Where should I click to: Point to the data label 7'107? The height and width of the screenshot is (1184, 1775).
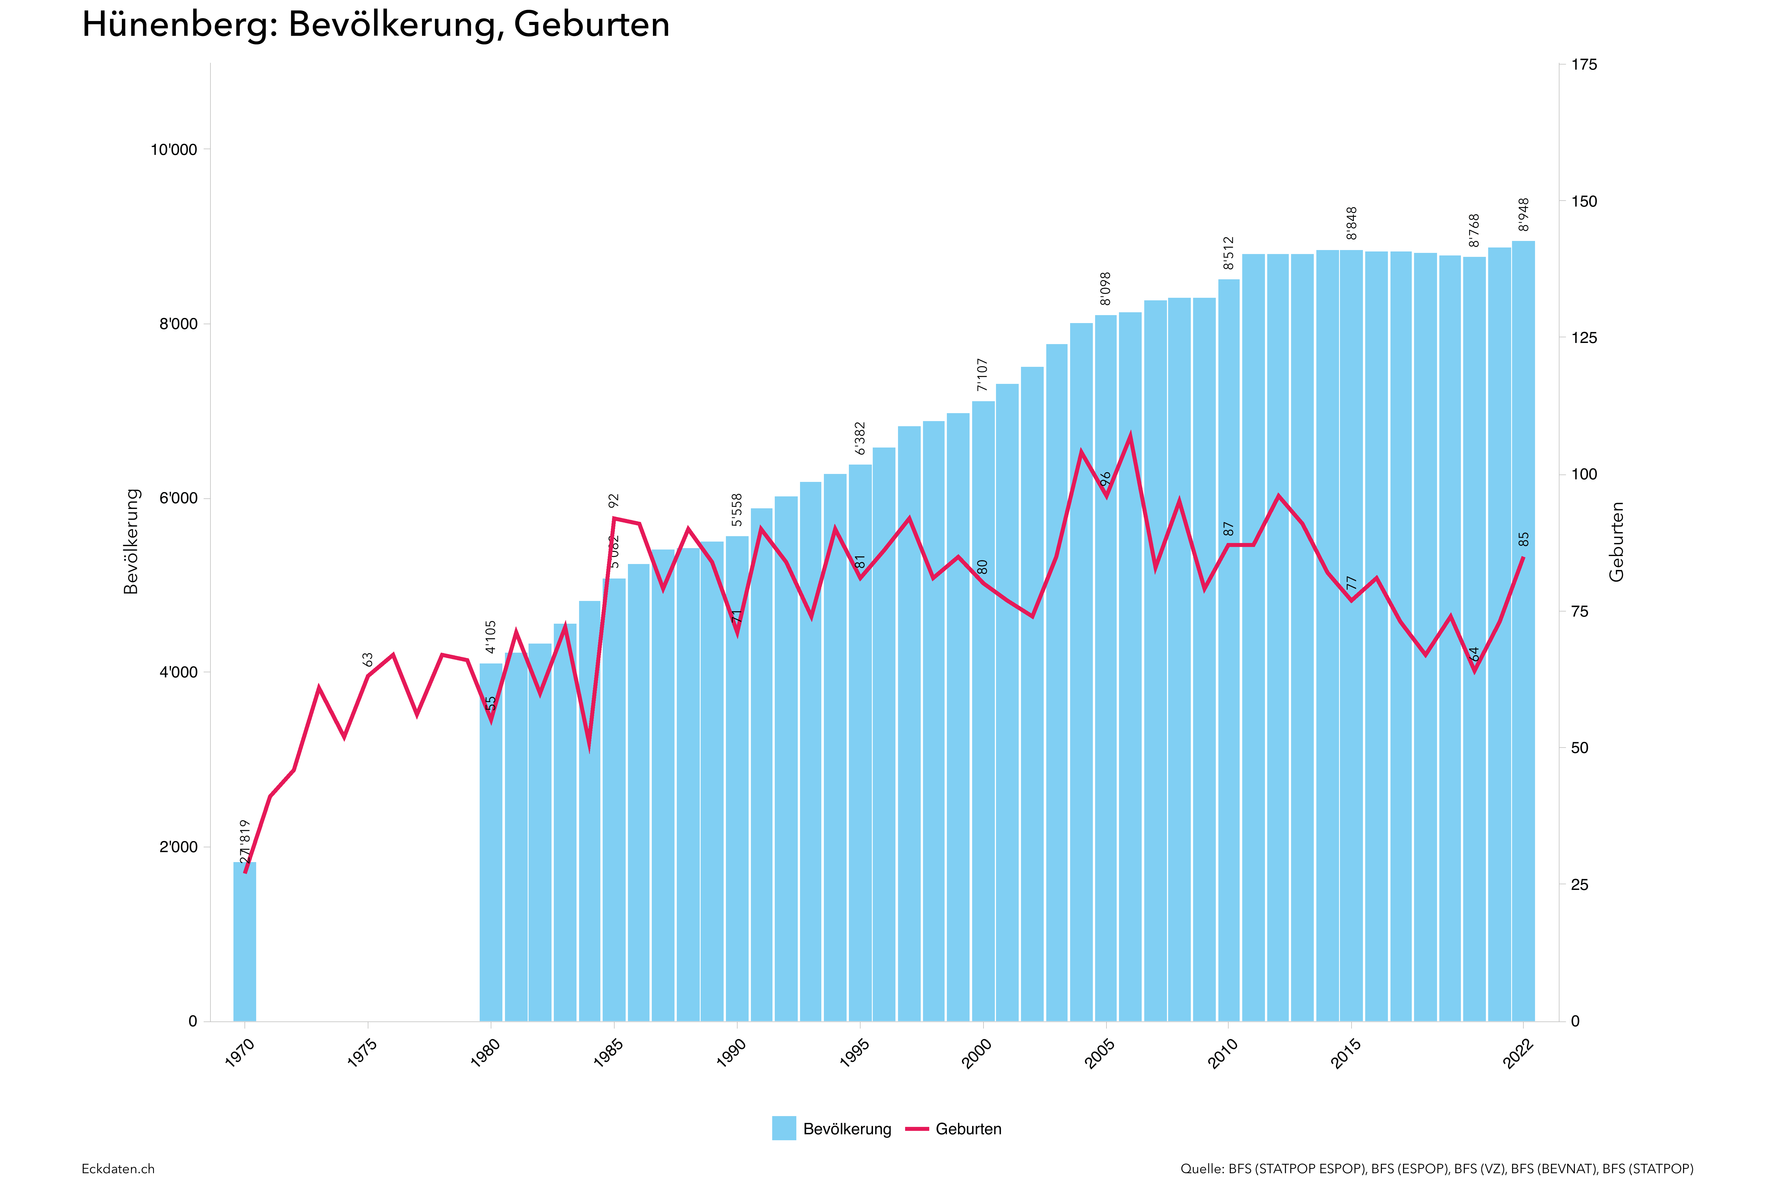982,375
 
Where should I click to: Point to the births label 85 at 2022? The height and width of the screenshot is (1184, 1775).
1524,539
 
